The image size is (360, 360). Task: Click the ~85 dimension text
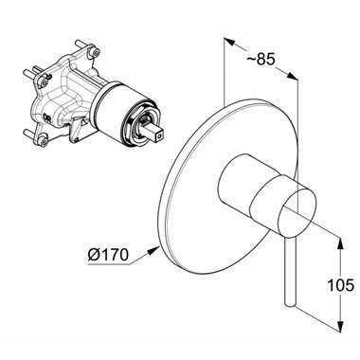261,59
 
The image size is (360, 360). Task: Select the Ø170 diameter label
108,255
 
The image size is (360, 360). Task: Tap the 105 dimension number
340,285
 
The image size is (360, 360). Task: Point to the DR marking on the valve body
46,117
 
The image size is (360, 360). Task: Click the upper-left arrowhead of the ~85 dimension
229,43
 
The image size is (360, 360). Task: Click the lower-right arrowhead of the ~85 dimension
293,76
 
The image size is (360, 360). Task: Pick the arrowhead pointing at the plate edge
153,251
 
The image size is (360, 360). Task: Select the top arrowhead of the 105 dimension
340,243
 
